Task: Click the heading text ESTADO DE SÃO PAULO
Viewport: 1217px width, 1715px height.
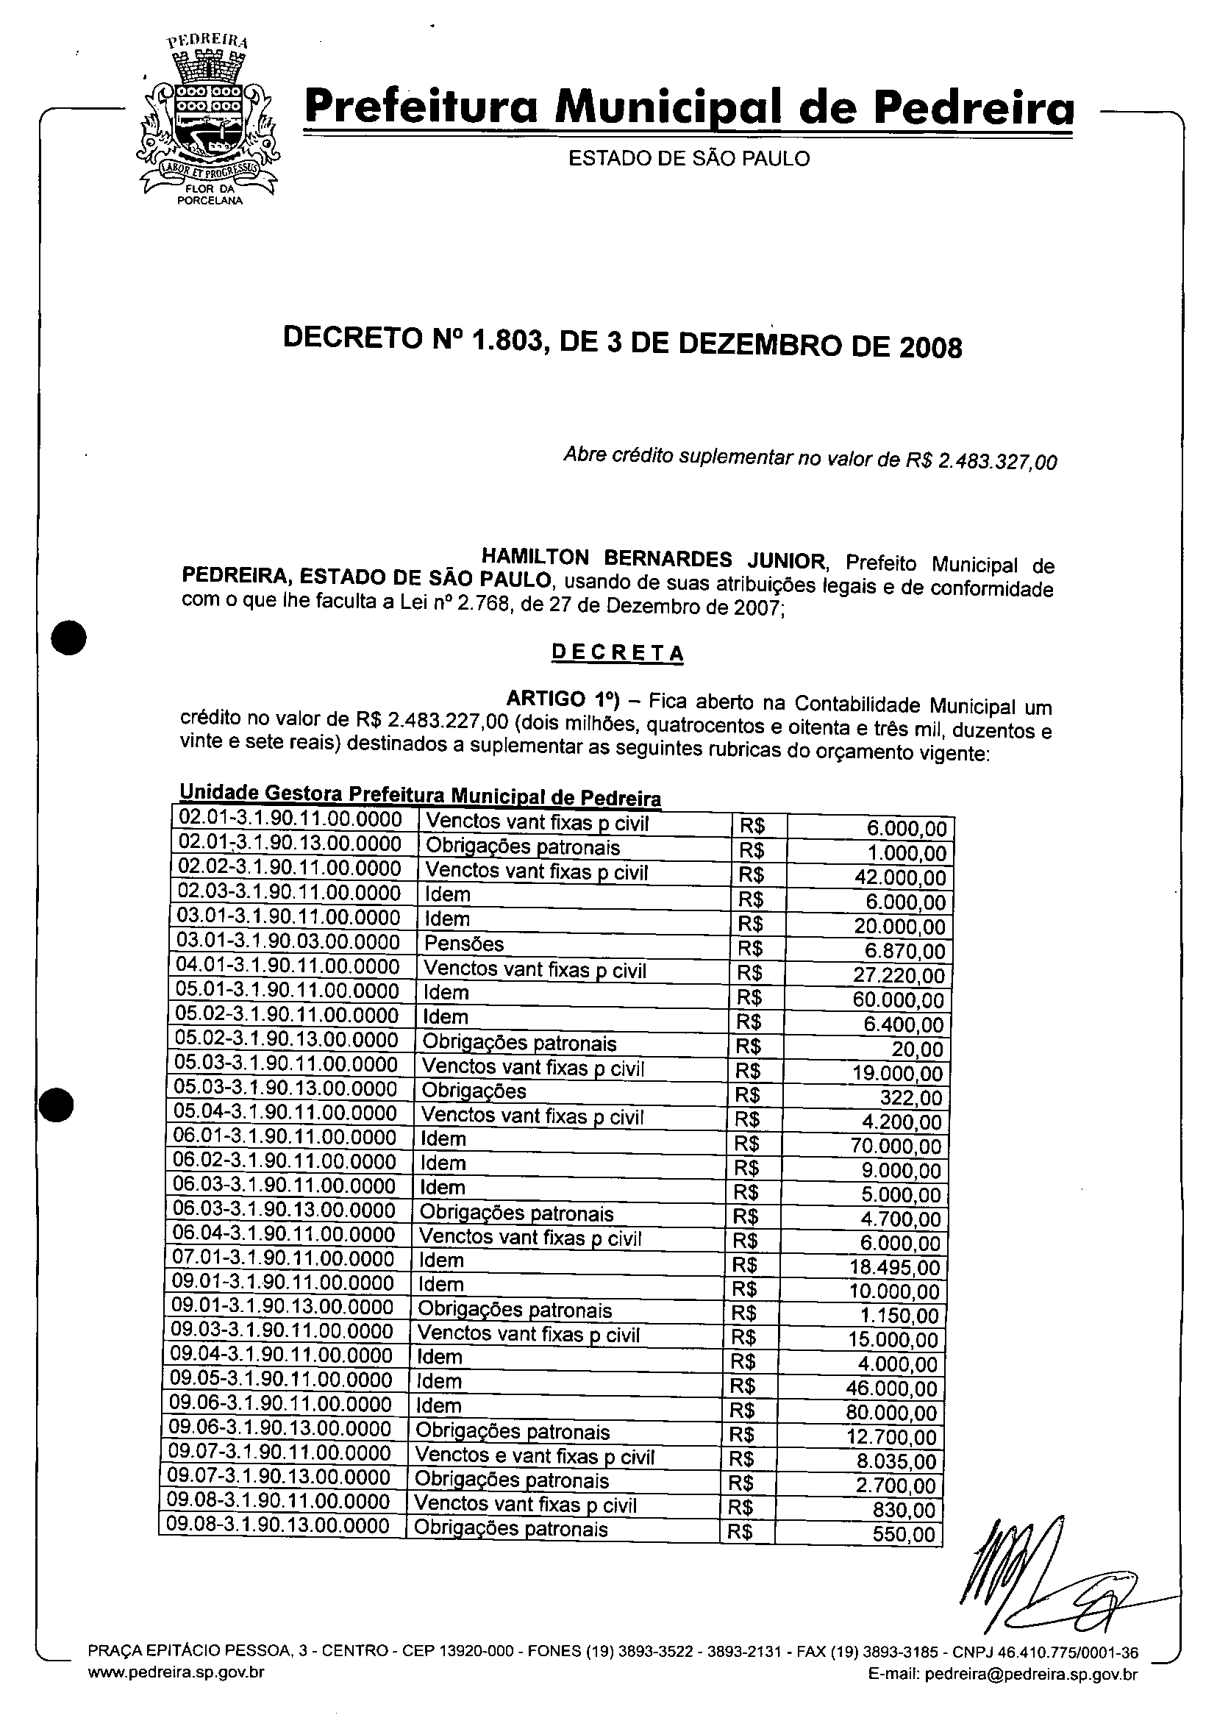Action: click(x=689, y=159)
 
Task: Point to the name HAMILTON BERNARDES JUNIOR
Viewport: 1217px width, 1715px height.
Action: click(x=653, y=559)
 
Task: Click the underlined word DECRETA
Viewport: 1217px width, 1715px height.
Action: click(x=618, y=652)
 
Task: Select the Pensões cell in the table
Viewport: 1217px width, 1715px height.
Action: click(x=465, y=944)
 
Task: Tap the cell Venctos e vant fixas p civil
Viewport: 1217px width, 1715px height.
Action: click(x=535, y=1457)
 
